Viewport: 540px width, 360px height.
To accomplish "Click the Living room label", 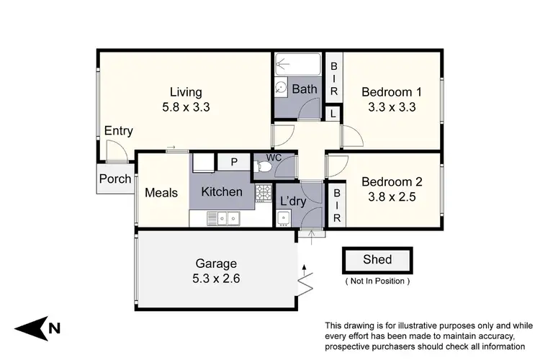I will (x=186, y=92).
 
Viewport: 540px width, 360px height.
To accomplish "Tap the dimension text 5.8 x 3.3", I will (x=186, y=107).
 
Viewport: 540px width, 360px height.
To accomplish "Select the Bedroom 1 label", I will (x=391, y=92).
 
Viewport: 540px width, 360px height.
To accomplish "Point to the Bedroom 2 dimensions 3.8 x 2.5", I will (x=391, y=196).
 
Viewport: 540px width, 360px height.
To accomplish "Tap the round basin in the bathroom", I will (x=282, y=87).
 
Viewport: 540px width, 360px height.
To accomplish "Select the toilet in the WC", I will (x=265, y=168).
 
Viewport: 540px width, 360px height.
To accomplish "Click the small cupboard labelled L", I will (x=333, y=112).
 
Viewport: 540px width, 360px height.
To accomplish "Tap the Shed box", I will (x=378, y=259).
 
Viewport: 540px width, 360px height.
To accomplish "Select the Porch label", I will (x=115, y=179).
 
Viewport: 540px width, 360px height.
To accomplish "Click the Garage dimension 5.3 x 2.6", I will (x=215, y=278).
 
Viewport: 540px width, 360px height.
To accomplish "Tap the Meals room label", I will (x=161, y=193).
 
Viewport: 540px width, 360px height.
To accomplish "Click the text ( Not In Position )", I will (x=378, y=280).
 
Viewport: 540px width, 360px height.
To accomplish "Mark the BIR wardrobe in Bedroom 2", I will (x=335, y=206).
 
